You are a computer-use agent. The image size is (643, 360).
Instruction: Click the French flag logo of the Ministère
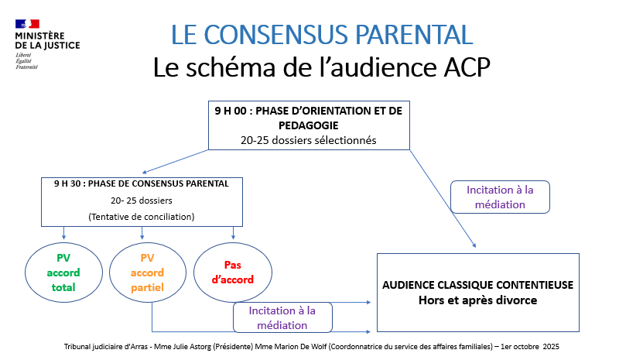click(x=26, y=25)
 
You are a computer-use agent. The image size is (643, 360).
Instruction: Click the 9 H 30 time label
click(x=69, y=184)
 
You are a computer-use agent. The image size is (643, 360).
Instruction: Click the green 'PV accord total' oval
click(x=63, y=273)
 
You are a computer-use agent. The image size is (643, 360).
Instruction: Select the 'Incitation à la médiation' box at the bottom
click(x=282, y=317)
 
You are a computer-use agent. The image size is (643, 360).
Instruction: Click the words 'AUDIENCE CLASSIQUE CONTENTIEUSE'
click(x=477, y=285)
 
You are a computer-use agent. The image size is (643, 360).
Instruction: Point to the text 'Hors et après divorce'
click(x=477, y=300)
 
